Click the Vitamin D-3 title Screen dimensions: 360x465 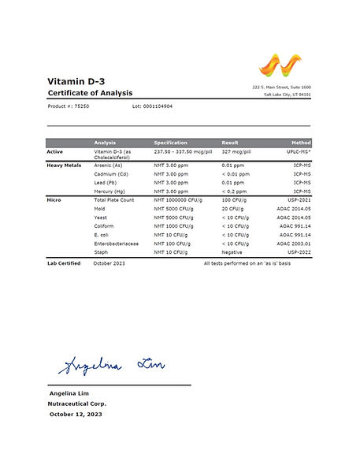pyautogui.click(x=78, y=81)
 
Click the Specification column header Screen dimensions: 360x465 pyautogui.click(x=170, y=143)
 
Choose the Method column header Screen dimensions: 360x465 pyautogui.click(x=300, y=143)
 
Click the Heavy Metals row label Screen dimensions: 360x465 pyautogui.click(x=64, y=165)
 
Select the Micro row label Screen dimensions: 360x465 pyautogui.click(x=55, y=200)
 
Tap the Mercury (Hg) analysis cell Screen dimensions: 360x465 pyautogui.click(x=109, y=192)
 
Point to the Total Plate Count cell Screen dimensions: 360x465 pyautogui.click(x=115, y=200)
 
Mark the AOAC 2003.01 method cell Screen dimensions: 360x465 pyautogui.click(x=295, y=244)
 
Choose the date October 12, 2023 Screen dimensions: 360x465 pyautogui.click(x=76, y=413)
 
